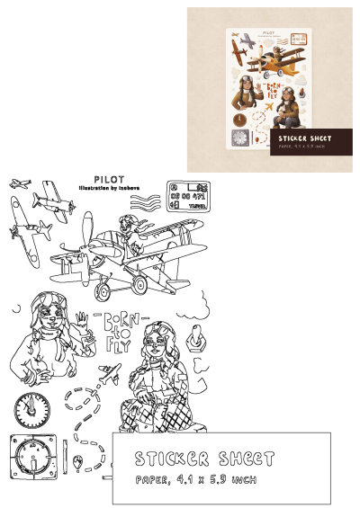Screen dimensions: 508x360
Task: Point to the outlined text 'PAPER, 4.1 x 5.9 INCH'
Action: coord(194,479)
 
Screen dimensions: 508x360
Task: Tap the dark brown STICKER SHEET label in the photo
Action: coord(301,141)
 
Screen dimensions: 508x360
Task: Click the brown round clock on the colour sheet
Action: coord(238,118)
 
